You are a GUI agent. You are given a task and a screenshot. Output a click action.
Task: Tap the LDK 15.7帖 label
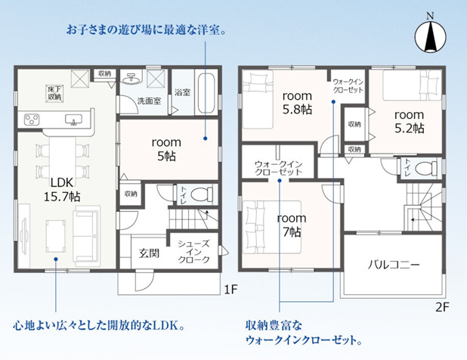[62, 190]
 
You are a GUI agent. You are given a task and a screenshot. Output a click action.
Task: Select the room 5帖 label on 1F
[166, 149]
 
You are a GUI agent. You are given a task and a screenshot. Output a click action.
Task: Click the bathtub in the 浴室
[206, 93]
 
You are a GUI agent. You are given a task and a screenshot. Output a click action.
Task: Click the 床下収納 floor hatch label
[54, 93]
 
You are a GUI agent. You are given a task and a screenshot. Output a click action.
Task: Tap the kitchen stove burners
[32, 119]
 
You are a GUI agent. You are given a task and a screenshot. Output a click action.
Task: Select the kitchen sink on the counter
[73, 119]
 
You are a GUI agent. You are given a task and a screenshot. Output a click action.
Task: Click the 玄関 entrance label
[149, 253]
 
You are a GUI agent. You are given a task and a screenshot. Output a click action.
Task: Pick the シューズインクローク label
[194, 252]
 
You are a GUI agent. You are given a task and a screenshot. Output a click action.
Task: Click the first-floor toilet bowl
[201, 195]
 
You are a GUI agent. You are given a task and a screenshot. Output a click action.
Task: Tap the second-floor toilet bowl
[425, 169]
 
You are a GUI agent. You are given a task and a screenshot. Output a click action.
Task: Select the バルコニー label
[394, 265]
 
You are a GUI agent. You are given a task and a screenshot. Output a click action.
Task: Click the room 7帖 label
[292, 225]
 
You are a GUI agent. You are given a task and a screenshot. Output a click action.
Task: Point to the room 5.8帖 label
[297, 103]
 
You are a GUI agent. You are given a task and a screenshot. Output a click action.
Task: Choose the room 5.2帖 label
[410, 121]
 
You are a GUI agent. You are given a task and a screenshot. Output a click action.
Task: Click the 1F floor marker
[230, 289]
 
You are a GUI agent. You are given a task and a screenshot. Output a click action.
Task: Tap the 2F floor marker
[442, 307]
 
